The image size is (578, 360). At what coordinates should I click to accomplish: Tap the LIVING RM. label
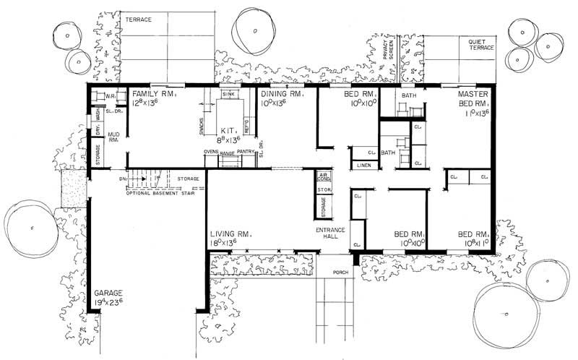point(230,234)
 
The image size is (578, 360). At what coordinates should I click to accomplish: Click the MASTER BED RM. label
point(473,99)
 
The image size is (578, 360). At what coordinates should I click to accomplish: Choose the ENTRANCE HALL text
point(330,233)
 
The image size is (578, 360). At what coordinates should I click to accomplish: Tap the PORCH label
point(341,273)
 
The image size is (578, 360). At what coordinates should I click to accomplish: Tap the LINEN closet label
point(363,166)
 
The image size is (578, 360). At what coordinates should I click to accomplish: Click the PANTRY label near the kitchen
point(246,153)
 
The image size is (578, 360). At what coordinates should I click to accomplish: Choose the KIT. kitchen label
point(230,131)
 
